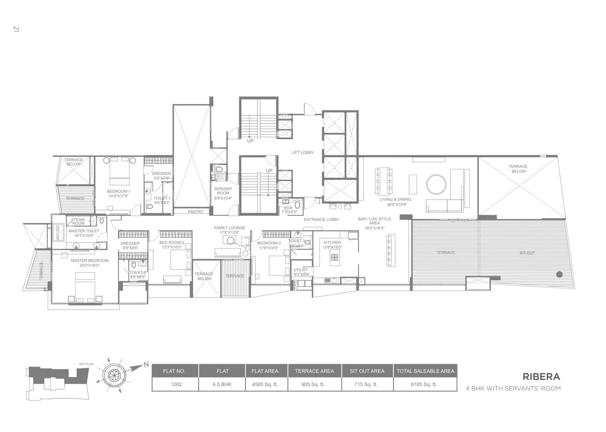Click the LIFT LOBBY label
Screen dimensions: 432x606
302,153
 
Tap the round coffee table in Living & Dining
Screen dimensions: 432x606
436,184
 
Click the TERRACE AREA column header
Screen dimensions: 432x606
314,371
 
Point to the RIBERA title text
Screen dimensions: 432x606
541,377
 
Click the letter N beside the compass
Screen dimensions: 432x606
146,364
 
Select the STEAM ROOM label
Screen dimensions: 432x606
78,222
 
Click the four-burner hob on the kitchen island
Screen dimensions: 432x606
335,258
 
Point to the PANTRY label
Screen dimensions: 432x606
195,212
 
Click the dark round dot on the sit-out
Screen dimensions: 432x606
559,275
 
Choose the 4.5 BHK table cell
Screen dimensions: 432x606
222,384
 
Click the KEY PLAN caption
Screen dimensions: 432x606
86,364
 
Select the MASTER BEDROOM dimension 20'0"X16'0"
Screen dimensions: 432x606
89,266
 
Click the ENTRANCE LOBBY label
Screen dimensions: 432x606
321,219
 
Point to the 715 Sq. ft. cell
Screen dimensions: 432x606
366,384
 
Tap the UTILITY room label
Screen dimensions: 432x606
301,270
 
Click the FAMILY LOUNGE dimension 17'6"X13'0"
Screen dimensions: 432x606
229,232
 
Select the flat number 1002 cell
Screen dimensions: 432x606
176,384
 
